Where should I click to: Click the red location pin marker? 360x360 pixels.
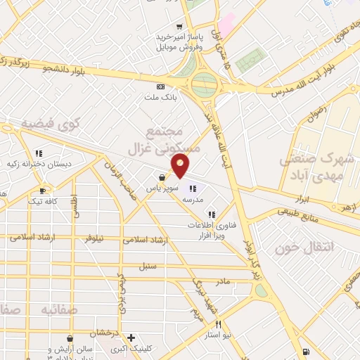(x=181, y=163)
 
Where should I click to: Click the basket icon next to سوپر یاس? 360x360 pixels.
(x=162, y=177)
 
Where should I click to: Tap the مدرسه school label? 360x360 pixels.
(x=193, y=199)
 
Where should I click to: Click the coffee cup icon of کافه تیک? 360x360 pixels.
(x=43, y=190)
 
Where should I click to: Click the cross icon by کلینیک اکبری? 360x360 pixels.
(x=131, y=337)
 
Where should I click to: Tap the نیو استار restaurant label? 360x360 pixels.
(x=218, y=336)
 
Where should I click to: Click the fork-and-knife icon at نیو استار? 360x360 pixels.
(x=219, y=325)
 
